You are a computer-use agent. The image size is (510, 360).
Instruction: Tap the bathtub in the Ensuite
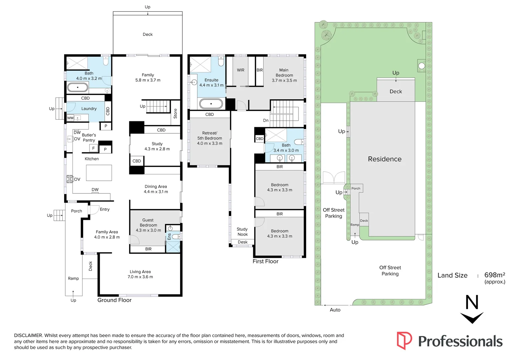click(x=211, y=104)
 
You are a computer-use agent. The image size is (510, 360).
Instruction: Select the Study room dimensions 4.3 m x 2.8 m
click(x=157, y=149)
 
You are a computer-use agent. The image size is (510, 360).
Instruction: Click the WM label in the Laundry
click(x=70, y=118)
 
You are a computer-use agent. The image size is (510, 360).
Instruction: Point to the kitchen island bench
click(x=99, y=173)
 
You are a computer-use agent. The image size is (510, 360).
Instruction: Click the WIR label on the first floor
click(x=240, y=70)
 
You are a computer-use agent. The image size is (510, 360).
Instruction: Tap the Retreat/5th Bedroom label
click(x=209, y=136)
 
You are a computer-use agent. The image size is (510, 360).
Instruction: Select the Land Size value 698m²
click(x=494, y=275)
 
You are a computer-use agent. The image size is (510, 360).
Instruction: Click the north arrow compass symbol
click(x=472, y=309)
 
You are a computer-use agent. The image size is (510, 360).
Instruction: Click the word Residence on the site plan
click(x=385, y=159)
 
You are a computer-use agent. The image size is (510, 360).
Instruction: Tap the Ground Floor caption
click(x=114, y=300)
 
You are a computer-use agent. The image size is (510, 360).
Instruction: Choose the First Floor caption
click(x=265, y=261)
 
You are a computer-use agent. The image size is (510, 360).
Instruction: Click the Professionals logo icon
click(x=404, y=340)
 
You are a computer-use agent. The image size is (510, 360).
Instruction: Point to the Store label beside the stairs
click(x=175, y=113)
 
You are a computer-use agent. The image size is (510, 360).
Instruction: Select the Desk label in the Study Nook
click(x=242, y=242)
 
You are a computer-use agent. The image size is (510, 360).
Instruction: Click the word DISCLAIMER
click(x=28, y=335)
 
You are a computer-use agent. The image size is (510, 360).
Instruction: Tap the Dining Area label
click(x=156, y=187)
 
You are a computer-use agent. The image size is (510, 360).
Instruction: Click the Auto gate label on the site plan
click(x=335, y=310)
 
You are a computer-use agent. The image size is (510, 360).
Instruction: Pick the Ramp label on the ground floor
click(x=73, y=278)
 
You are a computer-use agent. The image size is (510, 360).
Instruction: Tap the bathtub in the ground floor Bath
click(x=78, y=88)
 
